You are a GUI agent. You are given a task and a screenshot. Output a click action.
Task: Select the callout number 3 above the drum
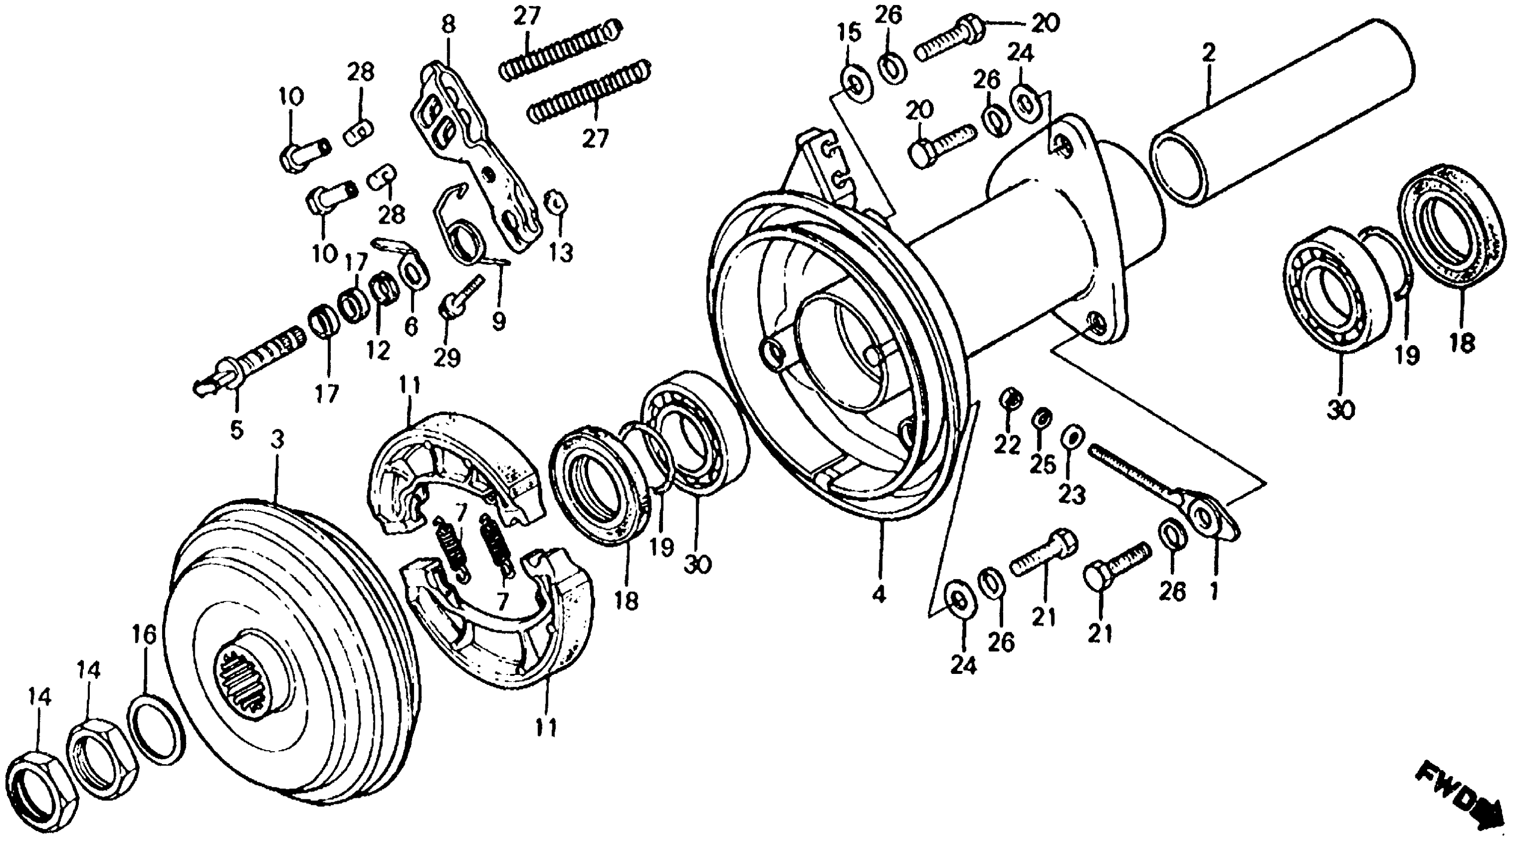[277, 439]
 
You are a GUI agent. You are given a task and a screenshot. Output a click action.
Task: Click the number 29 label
[447, 358]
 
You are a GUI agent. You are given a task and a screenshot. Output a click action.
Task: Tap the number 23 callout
[1072, 495]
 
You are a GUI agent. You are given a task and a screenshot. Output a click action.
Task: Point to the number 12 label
[378, 351]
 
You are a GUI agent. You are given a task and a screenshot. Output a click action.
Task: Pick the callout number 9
[498, 321]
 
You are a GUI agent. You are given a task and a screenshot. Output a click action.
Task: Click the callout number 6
[411, 326]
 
